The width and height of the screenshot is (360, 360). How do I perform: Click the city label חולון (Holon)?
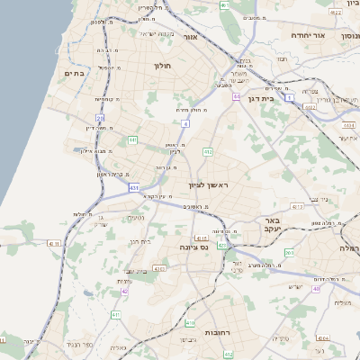click(163, 66)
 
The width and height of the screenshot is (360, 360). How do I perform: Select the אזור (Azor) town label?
click(190, 37)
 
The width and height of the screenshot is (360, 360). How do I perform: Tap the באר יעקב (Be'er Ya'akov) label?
click(274, 225)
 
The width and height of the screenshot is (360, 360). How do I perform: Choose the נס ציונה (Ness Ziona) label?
click(193, 247)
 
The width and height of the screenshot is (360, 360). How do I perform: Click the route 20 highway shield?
click(100, 118)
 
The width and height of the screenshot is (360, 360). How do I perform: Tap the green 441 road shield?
click(133, 140)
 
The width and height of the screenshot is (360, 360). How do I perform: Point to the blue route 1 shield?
click(290, 98)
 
